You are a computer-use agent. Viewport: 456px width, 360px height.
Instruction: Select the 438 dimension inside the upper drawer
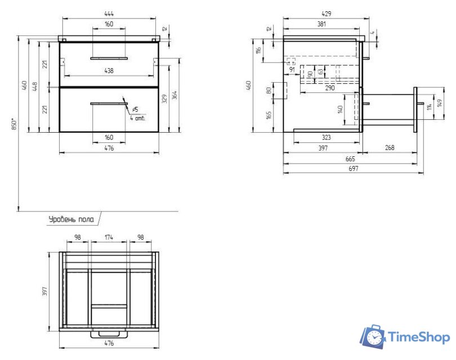point(109,71)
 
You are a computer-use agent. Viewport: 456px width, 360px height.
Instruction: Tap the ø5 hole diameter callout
point(135,110)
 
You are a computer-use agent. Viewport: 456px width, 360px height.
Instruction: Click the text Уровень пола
point(71,219)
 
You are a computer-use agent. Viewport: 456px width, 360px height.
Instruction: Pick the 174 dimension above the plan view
point(109,238)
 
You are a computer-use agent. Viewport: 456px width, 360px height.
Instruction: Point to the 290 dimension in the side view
point(329,88)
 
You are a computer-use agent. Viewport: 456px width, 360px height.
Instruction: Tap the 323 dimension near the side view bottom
point(326,137)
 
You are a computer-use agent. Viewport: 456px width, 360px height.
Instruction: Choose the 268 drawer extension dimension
point(389,147)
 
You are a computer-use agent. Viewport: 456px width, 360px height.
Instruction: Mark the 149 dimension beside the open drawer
point(439,105)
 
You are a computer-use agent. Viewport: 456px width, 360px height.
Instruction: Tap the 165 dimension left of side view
point(269,115)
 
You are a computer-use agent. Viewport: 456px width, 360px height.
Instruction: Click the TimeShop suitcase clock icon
point(373,336)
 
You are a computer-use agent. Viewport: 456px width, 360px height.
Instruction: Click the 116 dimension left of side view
point(258,51)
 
